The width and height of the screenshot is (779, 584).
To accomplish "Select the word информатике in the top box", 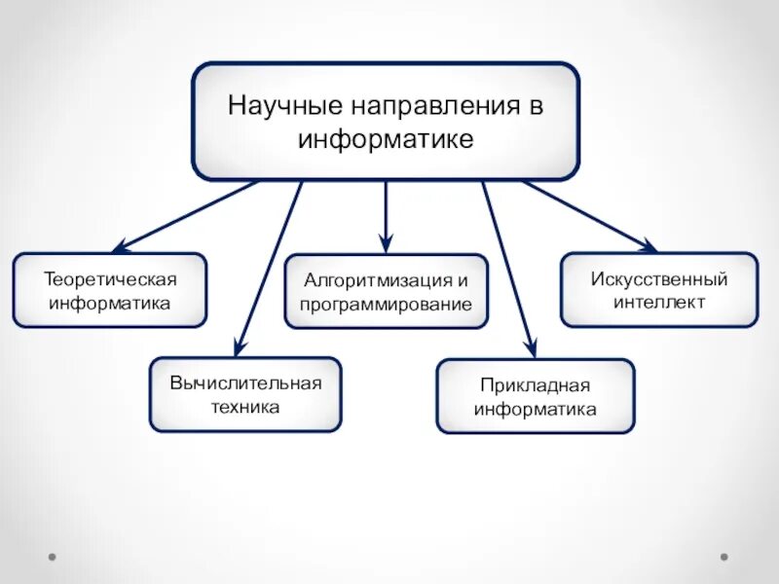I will pos(386,139).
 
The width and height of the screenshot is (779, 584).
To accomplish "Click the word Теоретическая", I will pos(110,279).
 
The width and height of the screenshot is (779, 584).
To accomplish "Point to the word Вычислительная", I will pos(245,383).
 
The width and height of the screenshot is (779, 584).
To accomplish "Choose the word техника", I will pos(245,407).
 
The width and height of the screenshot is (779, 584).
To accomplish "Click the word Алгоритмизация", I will pos(377,280).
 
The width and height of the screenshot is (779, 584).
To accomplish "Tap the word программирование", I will pos(386,305).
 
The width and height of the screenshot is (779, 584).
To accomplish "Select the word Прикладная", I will pos(536,385).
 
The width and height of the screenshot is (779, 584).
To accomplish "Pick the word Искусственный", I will pos(659,279).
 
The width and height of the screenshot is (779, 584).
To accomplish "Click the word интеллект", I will pos(659,303).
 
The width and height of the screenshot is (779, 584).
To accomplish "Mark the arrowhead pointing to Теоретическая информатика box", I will pos(120,248).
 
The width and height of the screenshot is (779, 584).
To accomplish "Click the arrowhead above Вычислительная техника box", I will pos(238,349).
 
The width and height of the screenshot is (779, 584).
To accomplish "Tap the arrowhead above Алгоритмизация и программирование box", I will pos(386,245).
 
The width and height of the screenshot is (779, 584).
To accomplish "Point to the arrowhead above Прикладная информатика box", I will pos(531,350).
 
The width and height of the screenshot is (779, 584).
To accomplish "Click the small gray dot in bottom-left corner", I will pos(53,558).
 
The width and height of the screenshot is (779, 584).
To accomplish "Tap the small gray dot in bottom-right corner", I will pos(723,558).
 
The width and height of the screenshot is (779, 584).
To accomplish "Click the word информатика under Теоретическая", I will pos(110,303).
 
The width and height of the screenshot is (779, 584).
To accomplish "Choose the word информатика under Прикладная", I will pos(536,410).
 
